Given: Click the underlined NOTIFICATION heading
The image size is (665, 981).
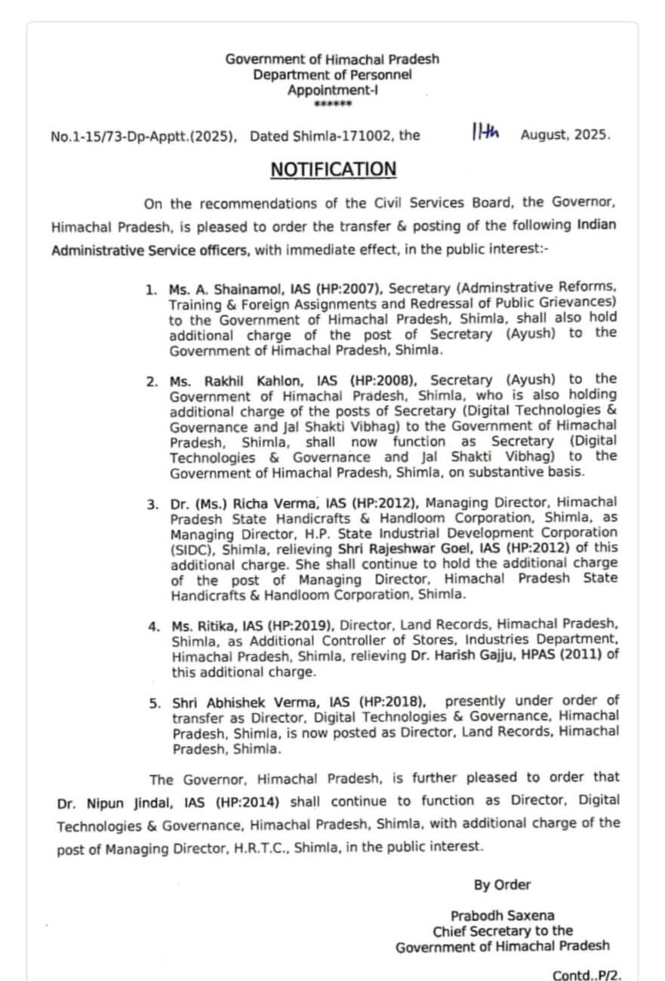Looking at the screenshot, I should (333, 169).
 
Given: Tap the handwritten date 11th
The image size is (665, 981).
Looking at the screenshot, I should (485, 134).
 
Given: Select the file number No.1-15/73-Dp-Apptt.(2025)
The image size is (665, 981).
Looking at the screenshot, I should (143, 137).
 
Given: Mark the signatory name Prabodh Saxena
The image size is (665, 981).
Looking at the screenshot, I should (502, 916).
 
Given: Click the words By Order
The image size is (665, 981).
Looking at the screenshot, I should (502, 885).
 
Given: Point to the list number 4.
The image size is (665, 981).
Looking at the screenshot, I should (154, 626).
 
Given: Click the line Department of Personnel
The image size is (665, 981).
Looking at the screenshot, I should (332, 75).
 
